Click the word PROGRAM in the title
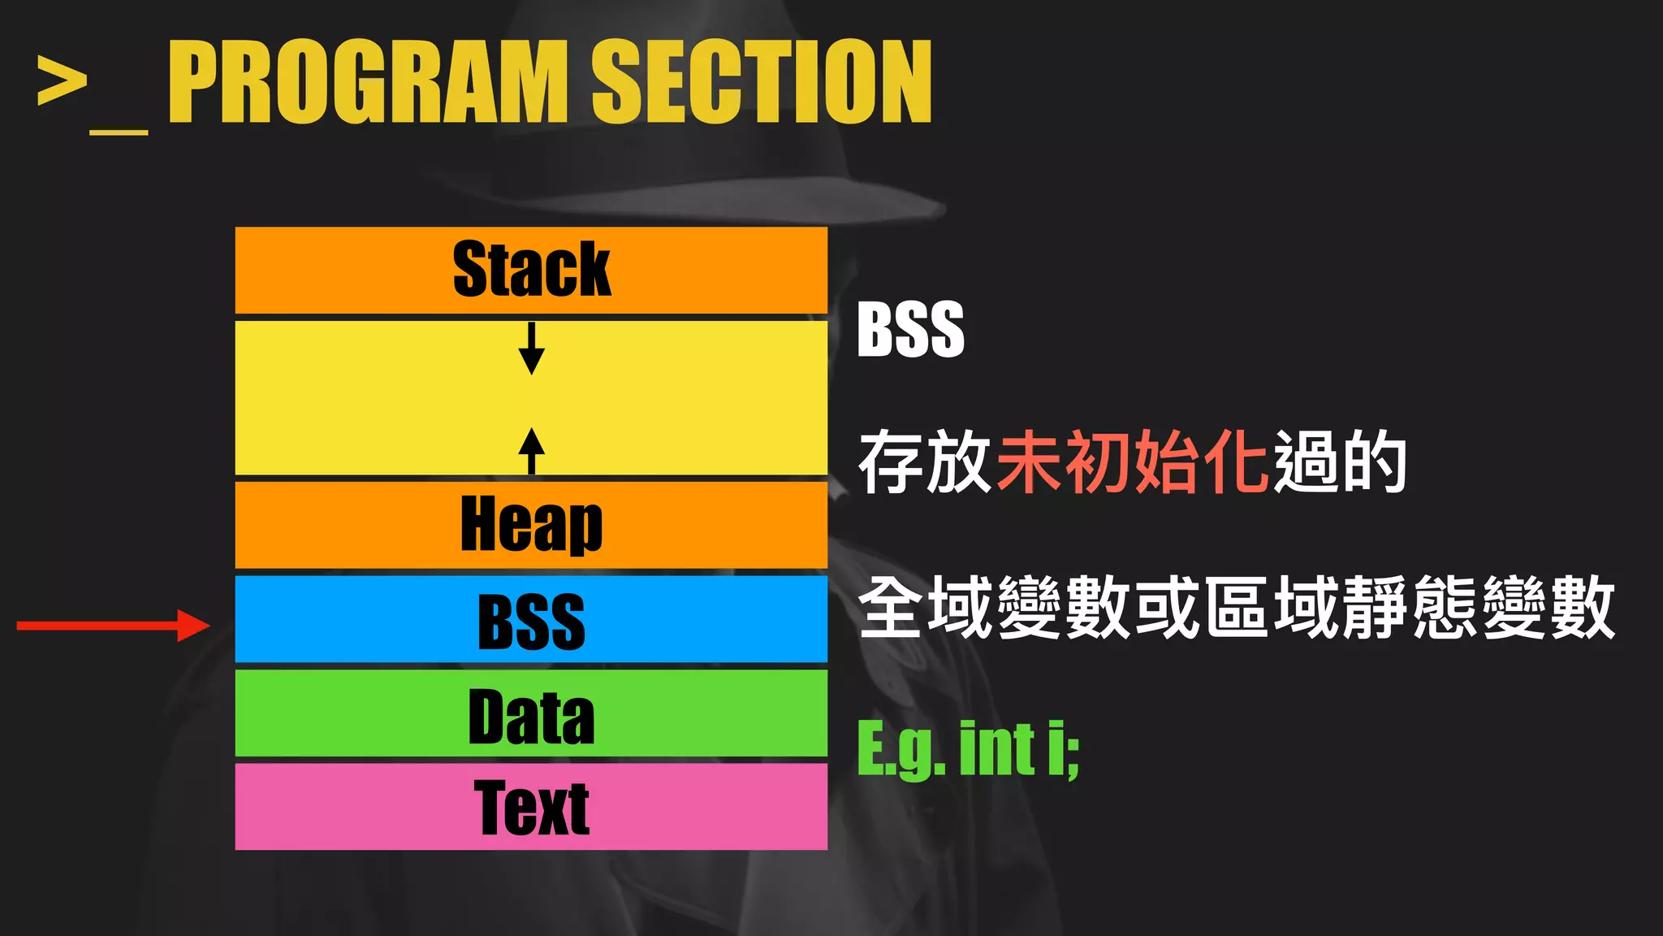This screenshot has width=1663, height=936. click(x=368, y=82)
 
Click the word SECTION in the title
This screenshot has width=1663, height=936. click(x=761, y=82)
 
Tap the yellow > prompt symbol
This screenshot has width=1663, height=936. click(x=62, y=81)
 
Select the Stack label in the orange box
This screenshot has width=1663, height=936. click(x=531, y=270)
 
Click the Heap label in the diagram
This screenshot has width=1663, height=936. click(x=531, y=525)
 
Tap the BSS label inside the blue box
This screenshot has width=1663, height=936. click(x=531, y=622)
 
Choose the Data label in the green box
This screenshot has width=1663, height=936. click(x=531, y=717)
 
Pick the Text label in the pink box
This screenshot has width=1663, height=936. click(x=531, y=808)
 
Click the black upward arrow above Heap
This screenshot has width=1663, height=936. click(x=531, y=450)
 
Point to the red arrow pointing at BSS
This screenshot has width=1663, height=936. click(x=114, y=626)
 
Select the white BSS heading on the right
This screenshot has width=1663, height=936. click(x=910, y=329)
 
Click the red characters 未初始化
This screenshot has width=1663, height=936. click(x=1133, y=462)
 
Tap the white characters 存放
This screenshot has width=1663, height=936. click(x=926, y=462)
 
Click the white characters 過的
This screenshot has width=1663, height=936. click(x=1340, y=462)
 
